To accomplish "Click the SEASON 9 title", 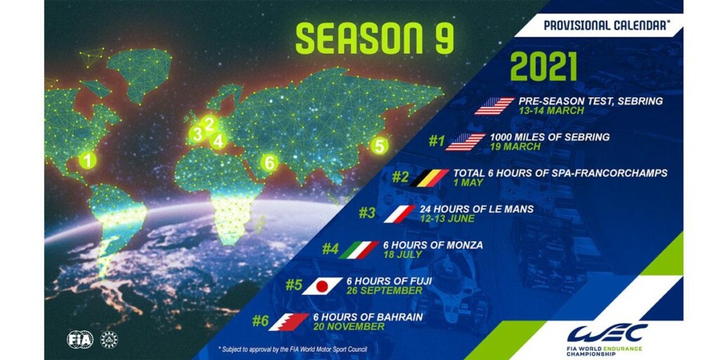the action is [x=374, y=38].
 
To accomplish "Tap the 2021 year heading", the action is [x=544, y=67].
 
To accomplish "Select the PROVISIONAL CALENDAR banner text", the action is [x=606, y=25].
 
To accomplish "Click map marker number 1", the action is [x=87, y=160].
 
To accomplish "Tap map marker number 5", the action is [x=379, y=146].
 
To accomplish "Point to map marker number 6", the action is [x=269, y=162].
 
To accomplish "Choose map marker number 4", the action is [x=218, y=141].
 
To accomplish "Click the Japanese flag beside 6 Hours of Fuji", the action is [x=322, y=286].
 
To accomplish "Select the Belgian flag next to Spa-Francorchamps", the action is [x=429, y=178].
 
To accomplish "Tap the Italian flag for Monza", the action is [x=359, y=250].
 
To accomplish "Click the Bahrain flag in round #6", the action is [x=289, y=322].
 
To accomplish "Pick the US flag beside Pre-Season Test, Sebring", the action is [x=494, y=106].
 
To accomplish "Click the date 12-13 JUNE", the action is [x=446, y=219].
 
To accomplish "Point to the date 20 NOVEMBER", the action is [x=349, y=326].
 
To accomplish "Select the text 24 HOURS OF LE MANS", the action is [x=477, y=209].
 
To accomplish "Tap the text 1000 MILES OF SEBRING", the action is [x=550, y=137].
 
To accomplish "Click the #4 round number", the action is [x=330, y=249].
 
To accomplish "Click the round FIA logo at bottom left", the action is [x=80, y=339].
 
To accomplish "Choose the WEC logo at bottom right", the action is [x=607, y=338].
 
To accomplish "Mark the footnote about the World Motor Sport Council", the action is [x=293, y=349].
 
